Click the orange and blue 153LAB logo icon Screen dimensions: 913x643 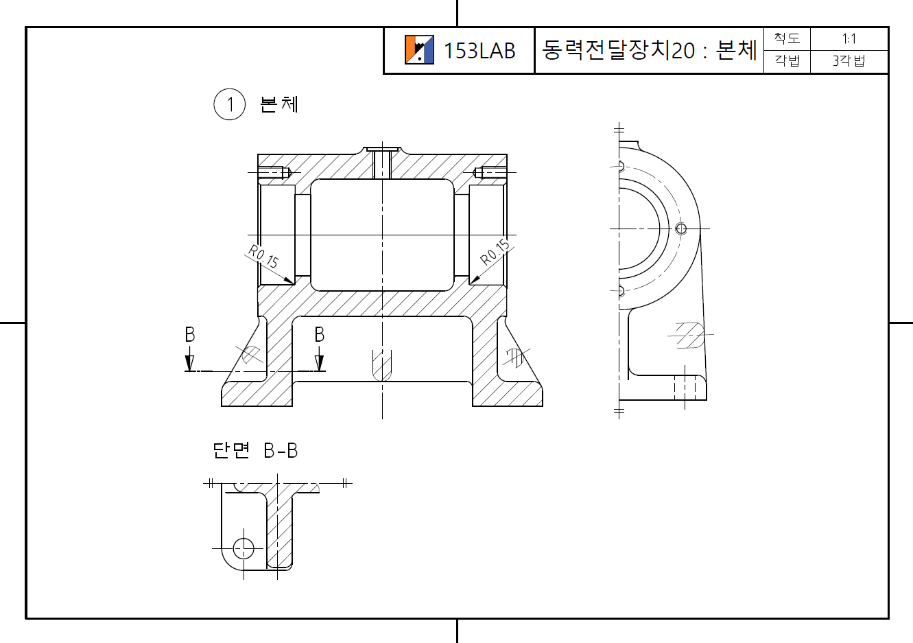coord(419,50)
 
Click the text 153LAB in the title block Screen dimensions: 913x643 coord(479,51)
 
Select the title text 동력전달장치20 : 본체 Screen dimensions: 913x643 coord(649,50)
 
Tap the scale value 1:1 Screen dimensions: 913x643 coord(849,39)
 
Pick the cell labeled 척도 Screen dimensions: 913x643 coord(787,38)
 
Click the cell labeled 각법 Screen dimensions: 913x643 coord(787,61)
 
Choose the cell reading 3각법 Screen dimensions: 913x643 coord(849,61)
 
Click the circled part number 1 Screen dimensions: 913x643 coord(230,104)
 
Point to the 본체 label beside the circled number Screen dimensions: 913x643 coord(279,104)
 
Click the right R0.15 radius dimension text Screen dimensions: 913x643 coord(495,252)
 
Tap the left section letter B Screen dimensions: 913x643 coord(190,335)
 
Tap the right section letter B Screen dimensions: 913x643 coord(319,335)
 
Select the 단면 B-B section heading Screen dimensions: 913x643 coord(255,451)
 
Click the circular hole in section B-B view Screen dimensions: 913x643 coord(244,548)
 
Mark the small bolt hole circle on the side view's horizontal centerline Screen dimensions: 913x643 coord(681,229)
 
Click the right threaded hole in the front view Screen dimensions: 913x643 coord(488,172)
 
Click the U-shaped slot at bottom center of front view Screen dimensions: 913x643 coord(382,365)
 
